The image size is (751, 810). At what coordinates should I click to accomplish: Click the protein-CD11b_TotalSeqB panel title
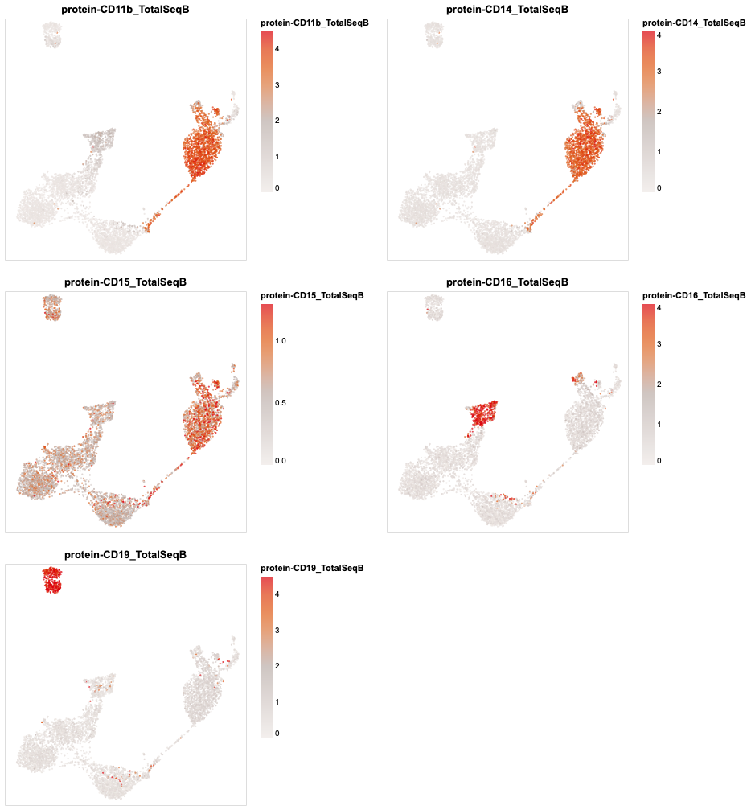tap(125, 9)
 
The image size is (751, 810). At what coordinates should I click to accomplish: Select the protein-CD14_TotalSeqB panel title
tap(507, 9)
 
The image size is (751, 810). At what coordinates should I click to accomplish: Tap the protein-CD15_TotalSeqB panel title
tap(125, 282)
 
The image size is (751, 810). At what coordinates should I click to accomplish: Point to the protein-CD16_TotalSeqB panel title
tap(507, 282)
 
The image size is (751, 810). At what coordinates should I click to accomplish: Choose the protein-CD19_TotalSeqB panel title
tap(125, 555)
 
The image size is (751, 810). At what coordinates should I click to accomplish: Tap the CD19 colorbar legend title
tap(313, 568)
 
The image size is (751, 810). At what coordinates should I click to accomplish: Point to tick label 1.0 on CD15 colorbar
tap(281, 341)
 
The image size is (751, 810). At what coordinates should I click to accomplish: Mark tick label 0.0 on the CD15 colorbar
tap(281, 461)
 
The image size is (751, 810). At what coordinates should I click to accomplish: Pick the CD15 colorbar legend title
tap(313, 295)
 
